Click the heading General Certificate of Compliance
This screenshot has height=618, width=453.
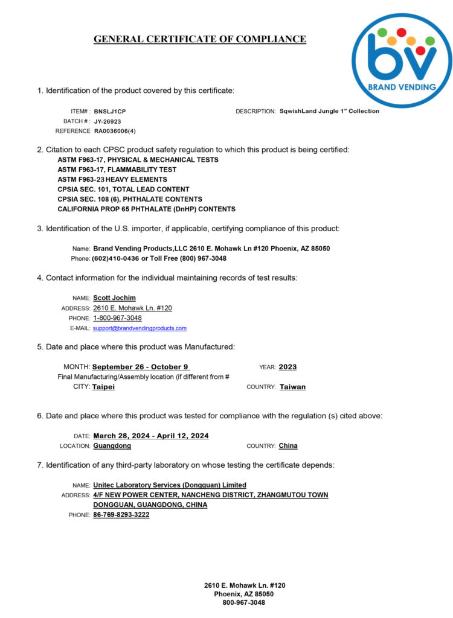[200, 39]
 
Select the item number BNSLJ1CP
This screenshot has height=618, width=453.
[110, 111]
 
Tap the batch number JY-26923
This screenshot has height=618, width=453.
[108, 121]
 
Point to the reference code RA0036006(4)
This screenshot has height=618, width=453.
[115, 131]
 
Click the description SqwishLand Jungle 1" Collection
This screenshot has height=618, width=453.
[330, 111]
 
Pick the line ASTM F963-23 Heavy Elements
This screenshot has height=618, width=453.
[112, 179]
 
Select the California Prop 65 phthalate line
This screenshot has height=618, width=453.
[146, 209]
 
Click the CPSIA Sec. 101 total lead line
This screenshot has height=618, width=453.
[123, 189]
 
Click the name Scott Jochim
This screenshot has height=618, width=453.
[114, 298]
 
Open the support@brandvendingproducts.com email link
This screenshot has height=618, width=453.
[140, 328]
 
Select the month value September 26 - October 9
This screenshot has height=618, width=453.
[141, 367]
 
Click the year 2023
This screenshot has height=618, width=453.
[288, 367]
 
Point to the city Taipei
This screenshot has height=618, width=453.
[103, 387]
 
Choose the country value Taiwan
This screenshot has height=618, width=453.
[292, 387]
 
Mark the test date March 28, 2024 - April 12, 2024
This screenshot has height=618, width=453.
[151, 436]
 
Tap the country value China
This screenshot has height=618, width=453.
[288, 446]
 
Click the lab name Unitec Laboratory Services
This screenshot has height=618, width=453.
[170, 485]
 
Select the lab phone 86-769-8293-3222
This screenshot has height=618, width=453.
[121, 515]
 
